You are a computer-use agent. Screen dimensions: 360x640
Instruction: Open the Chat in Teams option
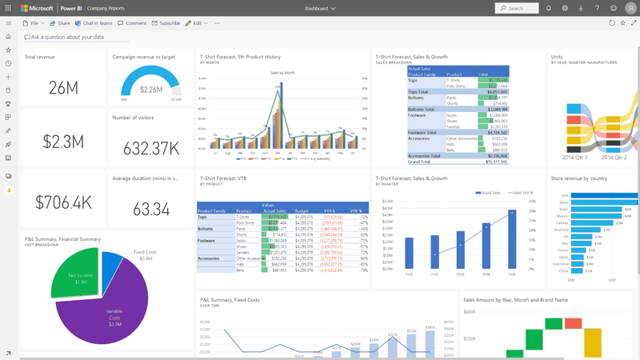click(94, 23)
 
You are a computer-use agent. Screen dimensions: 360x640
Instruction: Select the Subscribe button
click(166, 23)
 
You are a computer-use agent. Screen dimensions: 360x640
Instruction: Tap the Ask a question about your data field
click(68, 38)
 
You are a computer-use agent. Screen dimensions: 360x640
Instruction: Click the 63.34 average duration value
click(151, 209)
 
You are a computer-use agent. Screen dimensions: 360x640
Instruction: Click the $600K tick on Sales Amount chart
click(470, 312)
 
